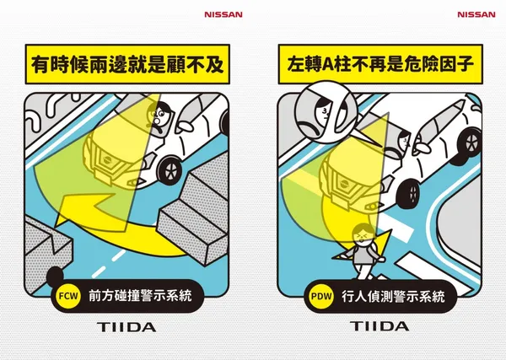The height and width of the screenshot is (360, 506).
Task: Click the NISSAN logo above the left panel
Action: pos(223,14)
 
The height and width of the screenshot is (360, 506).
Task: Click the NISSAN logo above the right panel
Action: pos(476,14)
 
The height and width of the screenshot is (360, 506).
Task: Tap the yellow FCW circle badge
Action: pos(68,296)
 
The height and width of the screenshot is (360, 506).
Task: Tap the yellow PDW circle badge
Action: pos(321,296)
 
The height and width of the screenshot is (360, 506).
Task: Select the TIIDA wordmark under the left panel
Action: pos(126,327)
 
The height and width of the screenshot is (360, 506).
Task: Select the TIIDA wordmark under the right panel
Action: pos(379,326)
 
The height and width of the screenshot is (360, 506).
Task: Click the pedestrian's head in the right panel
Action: pos(364,234)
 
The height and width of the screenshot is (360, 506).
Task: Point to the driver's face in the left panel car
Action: pos(159,115)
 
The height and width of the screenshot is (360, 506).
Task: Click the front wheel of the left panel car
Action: pos(170,170)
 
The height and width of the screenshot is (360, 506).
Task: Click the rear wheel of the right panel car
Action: pos(470,142)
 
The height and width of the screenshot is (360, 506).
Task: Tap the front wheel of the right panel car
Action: pos(412,194)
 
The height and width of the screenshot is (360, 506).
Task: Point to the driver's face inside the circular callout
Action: pos(323,112)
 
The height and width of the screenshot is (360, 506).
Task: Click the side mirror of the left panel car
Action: pos(184,127)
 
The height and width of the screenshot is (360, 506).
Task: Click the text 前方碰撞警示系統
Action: pos(140,296)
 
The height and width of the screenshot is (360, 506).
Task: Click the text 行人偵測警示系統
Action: pos(393,296)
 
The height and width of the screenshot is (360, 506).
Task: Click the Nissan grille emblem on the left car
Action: pos(109,160)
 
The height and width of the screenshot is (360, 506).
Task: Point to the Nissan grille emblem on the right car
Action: pos(345,185)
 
